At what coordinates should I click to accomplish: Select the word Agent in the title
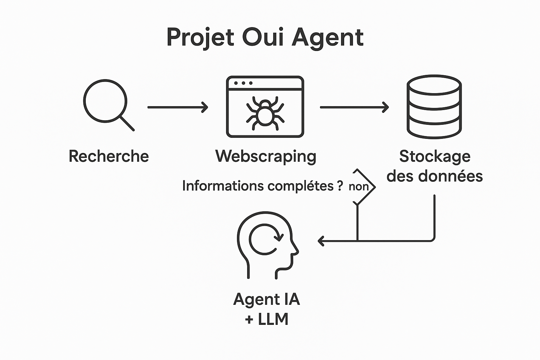[x=328, y=37]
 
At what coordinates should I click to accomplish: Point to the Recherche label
[x=109, y=156]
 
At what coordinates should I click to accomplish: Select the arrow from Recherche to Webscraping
[x=178, y=107]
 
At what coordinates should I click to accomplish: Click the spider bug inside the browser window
[x=265, y=111]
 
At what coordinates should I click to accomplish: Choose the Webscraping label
[x=266, y=156]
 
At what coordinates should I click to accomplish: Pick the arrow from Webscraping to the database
[x=354, y=107]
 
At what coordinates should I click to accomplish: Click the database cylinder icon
[x=434, y=106]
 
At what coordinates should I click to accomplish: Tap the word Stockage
[x=435, y=156]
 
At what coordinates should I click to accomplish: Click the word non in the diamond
[x=358, y=186]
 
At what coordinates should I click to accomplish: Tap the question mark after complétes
[x=340, y=185]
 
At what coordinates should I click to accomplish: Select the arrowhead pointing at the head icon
[x=321, y=241]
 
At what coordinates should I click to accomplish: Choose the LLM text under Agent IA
[x=273, y=319]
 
